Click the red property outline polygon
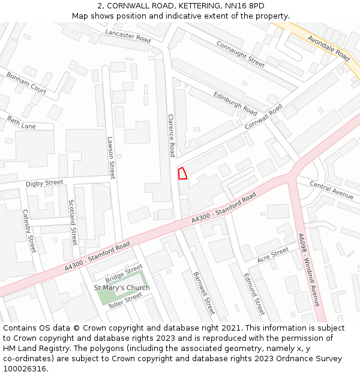(x=182, y=173)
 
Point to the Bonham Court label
(x=26, y=83)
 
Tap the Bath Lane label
(x=21, y=123)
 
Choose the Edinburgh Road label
(x=235, y=104)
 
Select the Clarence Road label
(x=172, y=136)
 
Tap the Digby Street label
(x=44, y=183)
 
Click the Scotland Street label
(x=73, y=223)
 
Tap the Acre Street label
(x=273, y=256)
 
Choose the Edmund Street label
(x=254, y=294)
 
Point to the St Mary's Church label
(x=122, y=287)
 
